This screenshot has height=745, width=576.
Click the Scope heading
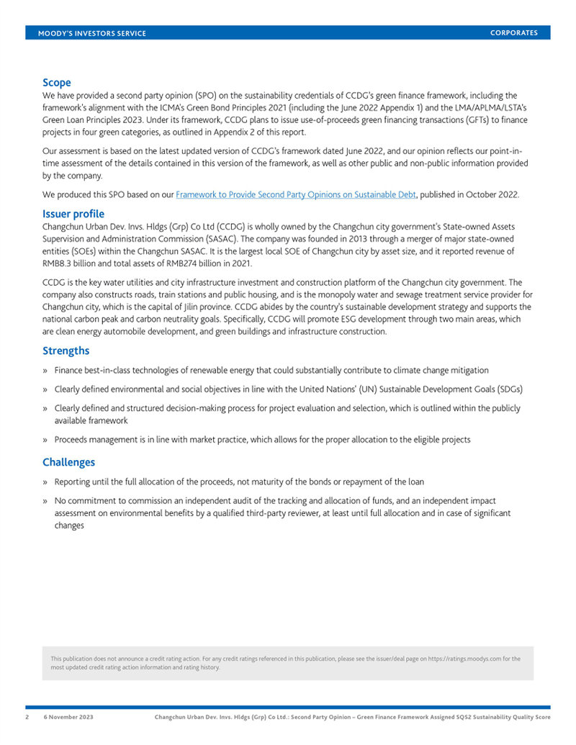point(56,83)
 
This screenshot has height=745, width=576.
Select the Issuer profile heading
point(73,214)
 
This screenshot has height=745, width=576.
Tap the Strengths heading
point(66,351)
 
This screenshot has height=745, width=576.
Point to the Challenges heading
point(68,462)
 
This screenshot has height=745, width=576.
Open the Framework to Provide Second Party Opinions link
point(296,195)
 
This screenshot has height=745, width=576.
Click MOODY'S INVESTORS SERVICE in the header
point(91,34)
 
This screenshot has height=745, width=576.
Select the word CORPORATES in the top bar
point(514,33)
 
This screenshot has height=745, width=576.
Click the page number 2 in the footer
point(28,718)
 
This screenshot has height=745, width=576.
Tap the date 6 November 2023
point(68,718)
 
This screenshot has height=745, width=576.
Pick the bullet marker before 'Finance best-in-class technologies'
point(45,371)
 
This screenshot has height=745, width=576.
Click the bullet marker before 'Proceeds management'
point(45,440)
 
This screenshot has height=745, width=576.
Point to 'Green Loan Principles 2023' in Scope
point(96,121)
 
